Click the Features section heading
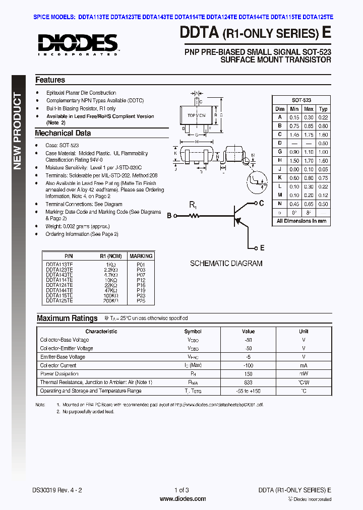coord(50,80)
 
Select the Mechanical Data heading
coord(63,134)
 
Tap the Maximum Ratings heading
coord(67,318)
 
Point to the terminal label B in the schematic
coord(169,216)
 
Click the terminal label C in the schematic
coord(261,203)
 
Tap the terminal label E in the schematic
coord(261,248)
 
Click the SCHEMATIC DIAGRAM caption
coord(226,263)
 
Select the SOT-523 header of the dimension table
coord(301,100)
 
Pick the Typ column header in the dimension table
coord(323,109)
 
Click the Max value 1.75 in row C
coord(309,135)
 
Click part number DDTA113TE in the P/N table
coord(59,264)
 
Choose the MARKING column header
coord(141,256)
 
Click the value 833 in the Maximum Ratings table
coord(248,382)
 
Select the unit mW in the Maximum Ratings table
coord(304,374)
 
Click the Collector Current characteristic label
coord(58,365)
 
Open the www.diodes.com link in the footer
coord(183,499)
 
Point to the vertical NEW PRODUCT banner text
coord(18,131)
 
